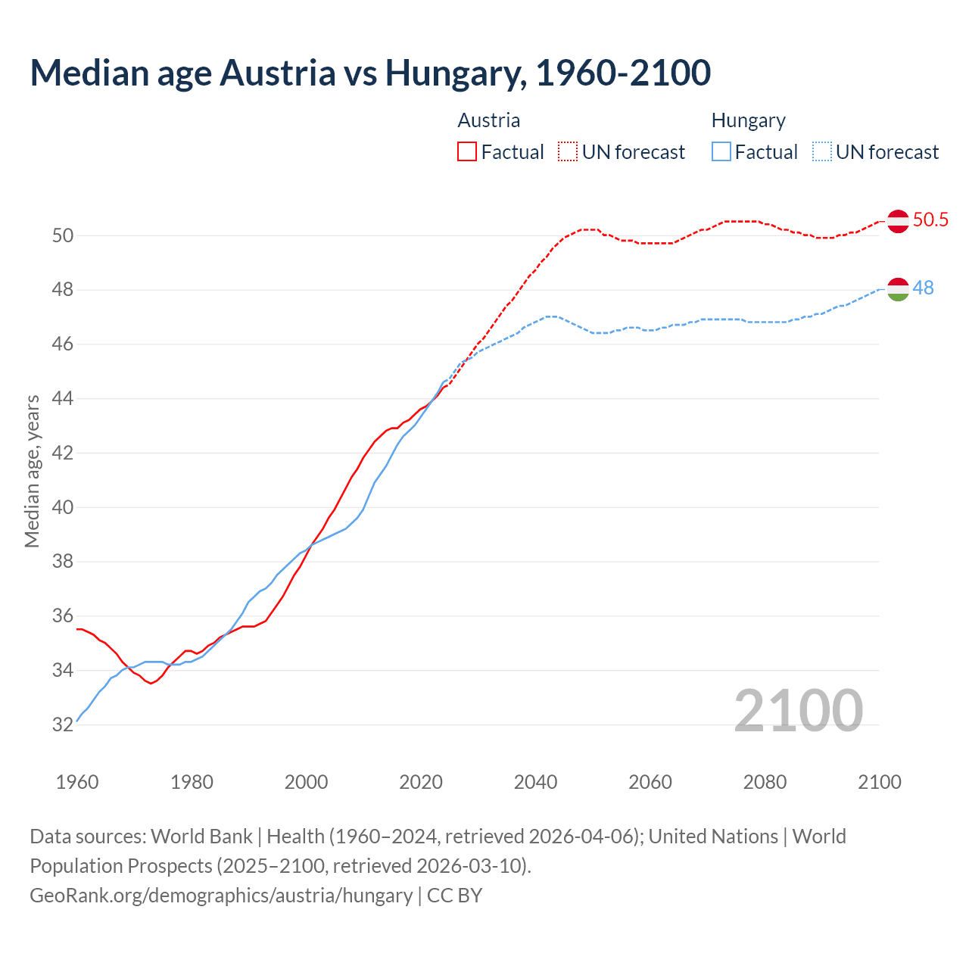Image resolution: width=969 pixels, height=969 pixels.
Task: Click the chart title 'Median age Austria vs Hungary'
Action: [x=370, y=73]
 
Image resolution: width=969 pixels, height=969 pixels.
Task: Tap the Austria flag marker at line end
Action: [x=898, y=221]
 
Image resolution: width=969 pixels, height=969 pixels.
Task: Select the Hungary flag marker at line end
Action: [x=898, y=289]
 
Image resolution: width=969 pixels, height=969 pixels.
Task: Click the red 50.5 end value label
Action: [x=930, y=220]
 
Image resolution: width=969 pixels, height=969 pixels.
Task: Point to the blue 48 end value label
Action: [x=923, y=288]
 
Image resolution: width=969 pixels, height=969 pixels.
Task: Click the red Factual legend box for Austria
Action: [x=467, y=152]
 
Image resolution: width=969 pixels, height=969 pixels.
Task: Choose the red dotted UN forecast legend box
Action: [x=568, y=152]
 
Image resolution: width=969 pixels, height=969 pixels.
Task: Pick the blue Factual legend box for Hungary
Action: [x=721, y=152]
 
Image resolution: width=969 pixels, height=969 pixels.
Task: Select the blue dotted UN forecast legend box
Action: [x=822, y=152]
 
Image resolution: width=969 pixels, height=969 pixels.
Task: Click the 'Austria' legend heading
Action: [x=489, y=121]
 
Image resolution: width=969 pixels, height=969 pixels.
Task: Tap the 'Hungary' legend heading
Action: [x=748, y=121]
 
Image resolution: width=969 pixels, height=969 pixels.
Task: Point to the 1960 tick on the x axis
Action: [x=77, y=782]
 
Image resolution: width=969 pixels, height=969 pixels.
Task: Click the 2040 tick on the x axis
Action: [x=535, y=782]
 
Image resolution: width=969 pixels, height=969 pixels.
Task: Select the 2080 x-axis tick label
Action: [x=765, y=782]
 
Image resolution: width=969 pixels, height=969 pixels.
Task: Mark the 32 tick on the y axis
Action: [x=63, y=725]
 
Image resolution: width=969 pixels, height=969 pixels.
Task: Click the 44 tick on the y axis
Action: [x=63, y=399]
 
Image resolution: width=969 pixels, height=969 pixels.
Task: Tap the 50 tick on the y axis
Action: [x=63, y=236]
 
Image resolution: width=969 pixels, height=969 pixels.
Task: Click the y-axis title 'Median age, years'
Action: [x=32, y=471]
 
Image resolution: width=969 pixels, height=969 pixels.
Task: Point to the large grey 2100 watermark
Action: [x=798, y=710]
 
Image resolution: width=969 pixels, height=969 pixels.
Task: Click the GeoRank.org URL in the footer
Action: [x=221, y=896]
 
